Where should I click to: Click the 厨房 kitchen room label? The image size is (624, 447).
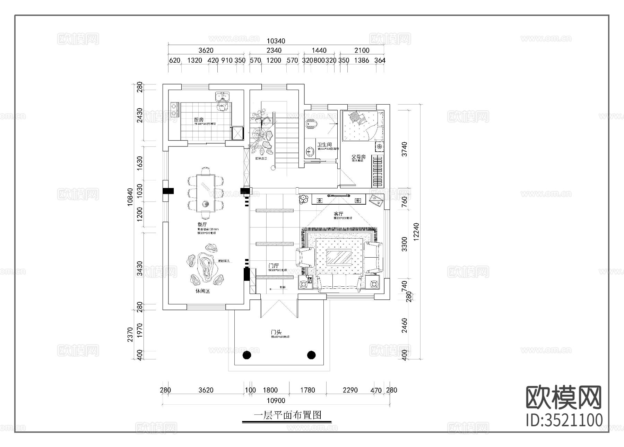(199, 120)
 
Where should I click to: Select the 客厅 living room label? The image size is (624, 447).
(338, 214)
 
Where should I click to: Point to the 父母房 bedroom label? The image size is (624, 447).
(358, 157)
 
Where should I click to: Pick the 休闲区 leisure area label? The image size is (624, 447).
(202, 291)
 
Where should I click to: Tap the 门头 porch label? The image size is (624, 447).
(276, 332)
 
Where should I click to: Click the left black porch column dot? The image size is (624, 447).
(247, 355)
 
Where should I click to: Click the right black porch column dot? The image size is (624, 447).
(311, 355)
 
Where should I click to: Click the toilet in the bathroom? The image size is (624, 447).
(311, 124)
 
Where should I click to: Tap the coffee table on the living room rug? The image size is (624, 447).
(339, 257)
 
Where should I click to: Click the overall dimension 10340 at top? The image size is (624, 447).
(276, 41)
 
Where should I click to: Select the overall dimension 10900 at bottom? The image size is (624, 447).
(276, 401)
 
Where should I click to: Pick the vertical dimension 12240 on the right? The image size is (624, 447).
(416, 231)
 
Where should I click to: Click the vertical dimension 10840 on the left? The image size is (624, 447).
(130, 197)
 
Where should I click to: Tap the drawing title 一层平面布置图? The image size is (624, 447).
(287, 415)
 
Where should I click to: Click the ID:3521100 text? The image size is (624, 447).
(564, 420)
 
